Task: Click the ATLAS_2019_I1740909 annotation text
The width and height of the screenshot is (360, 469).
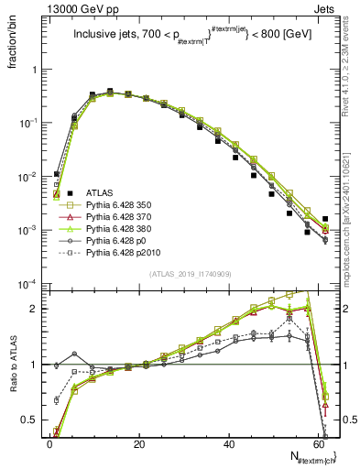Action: click(191, 274)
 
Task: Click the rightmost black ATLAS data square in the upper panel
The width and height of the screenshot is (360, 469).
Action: click(325, 219)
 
